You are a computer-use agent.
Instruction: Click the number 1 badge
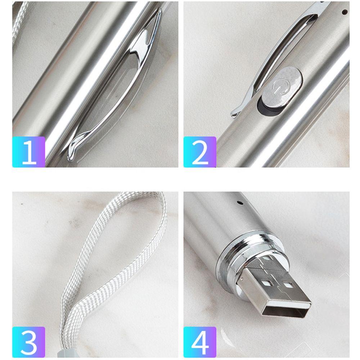(29, 152)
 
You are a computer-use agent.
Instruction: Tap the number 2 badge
(200, 152)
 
